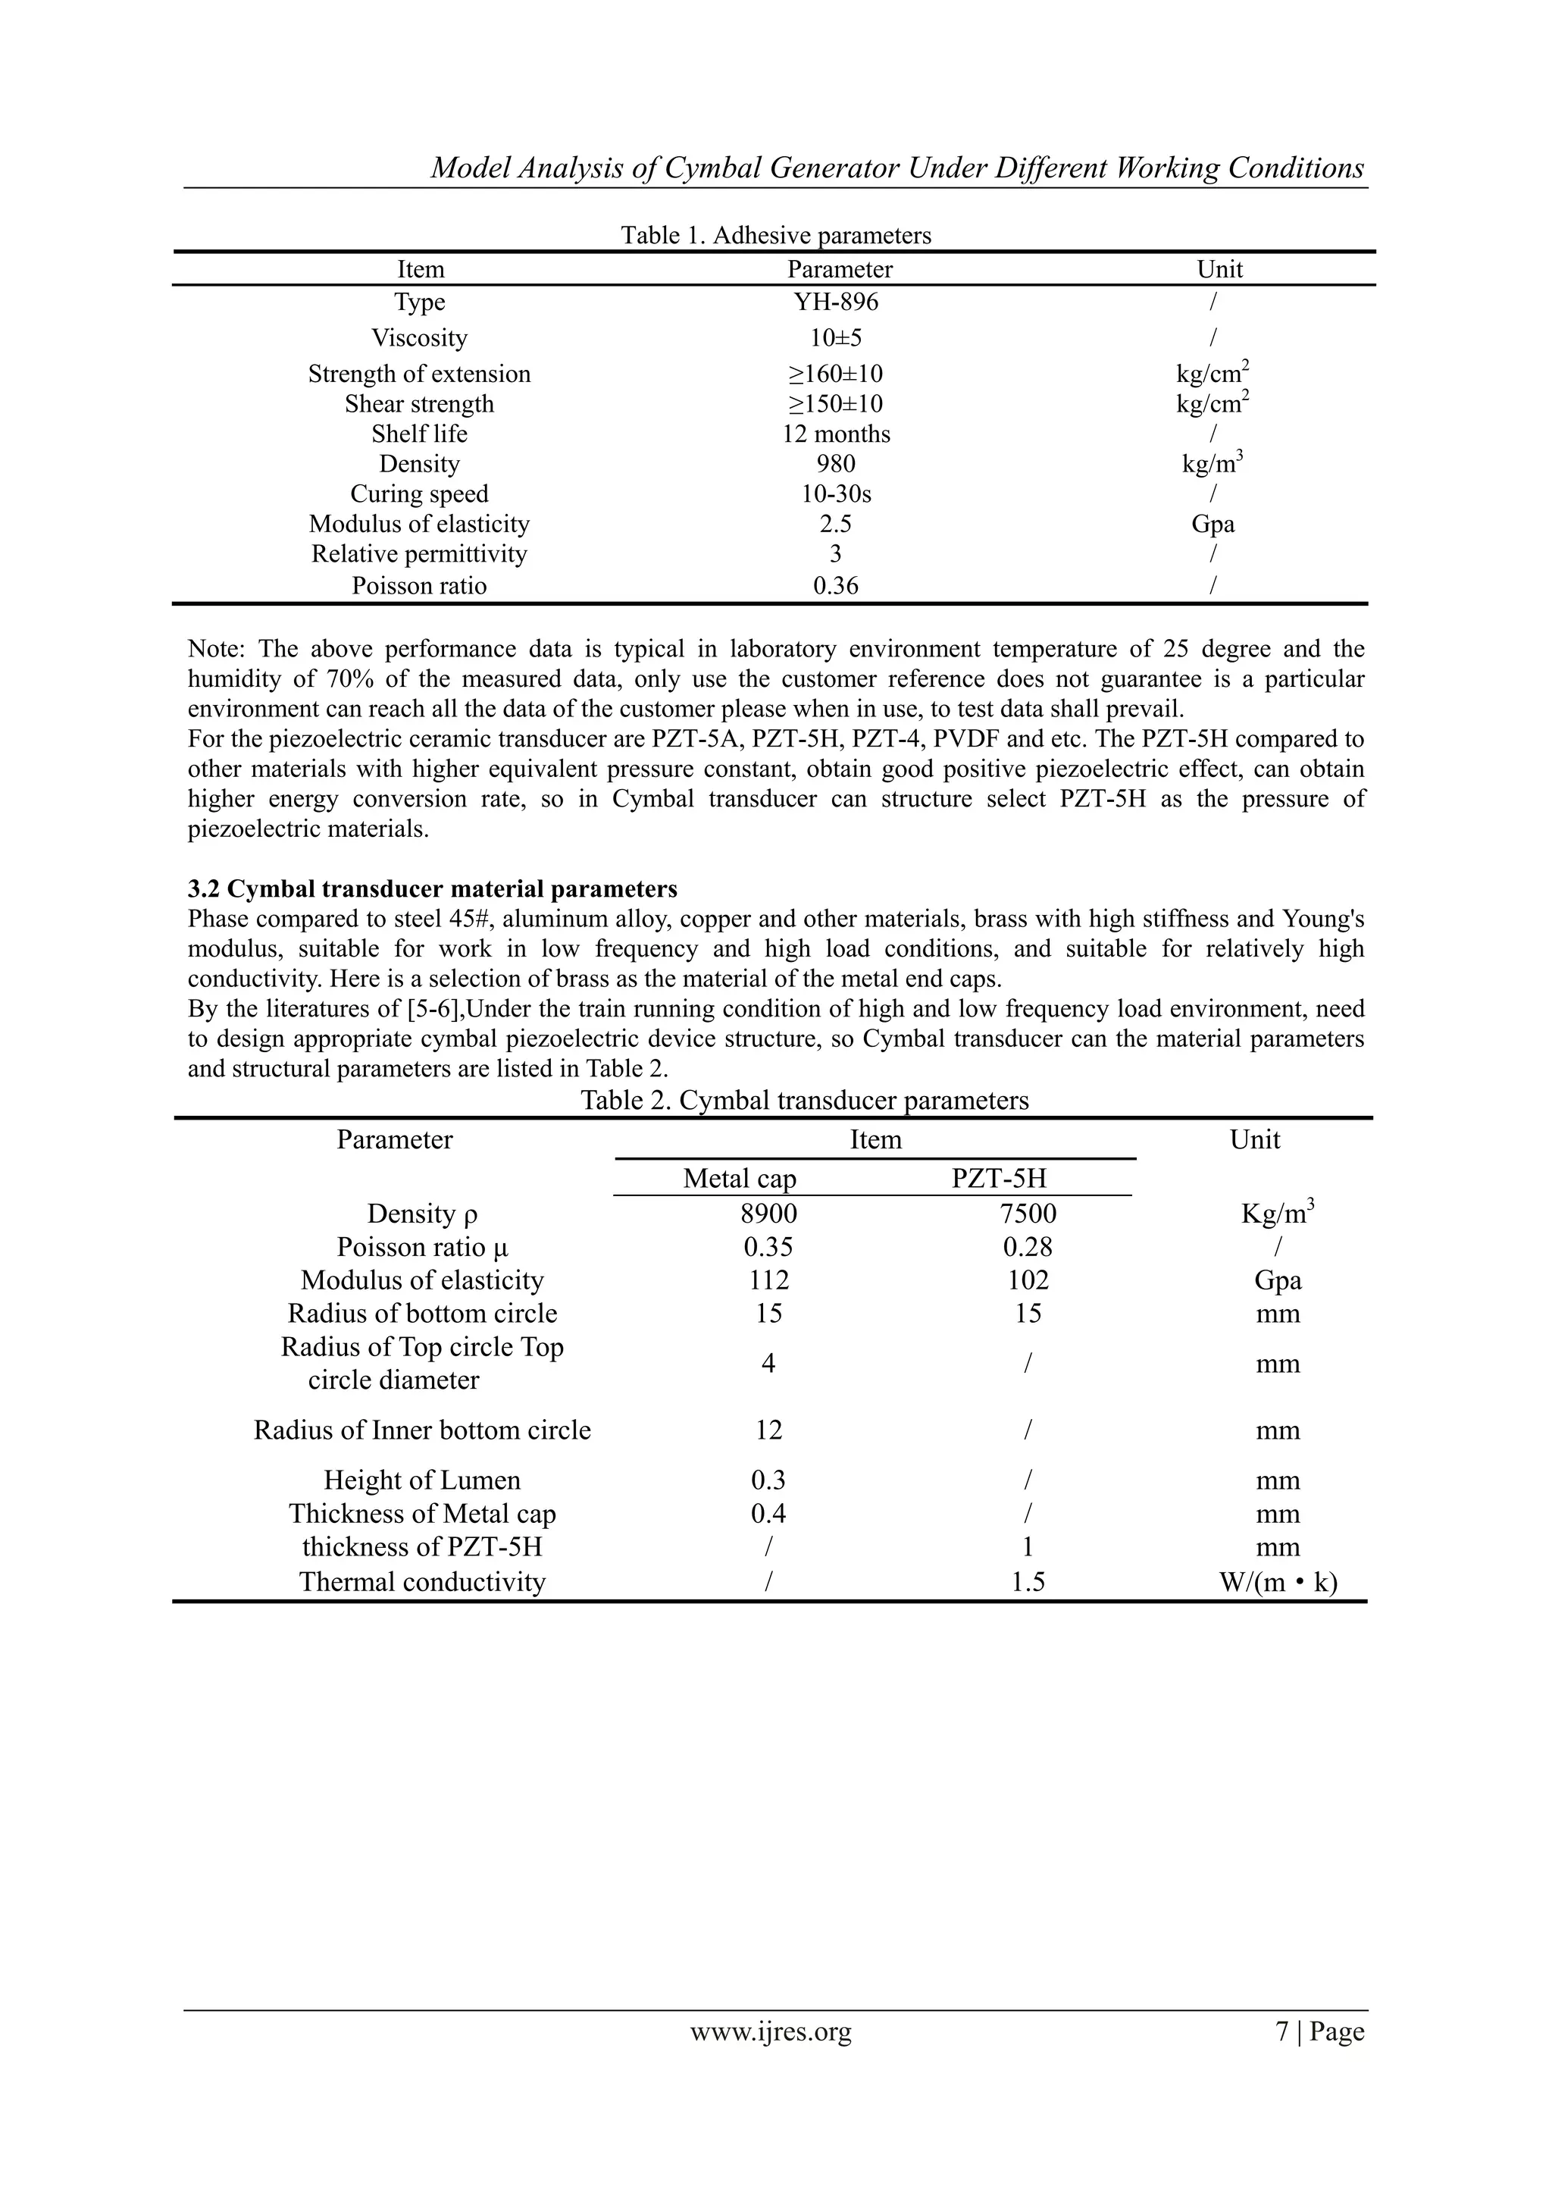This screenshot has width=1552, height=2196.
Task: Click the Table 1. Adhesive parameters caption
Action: point(775,235)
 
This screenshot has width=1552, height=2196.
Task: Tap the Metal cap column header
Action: point(739,1178)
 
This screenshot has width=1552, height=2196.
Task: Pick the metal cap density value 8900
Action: point(768,1214)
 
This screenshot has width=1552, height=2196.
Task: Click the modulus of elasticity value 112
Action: point(768,1280)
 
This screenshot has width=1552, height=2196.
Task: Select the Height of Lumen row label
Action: point(421,1480)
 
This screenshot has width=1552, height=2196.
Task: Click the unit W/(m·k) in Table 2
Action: point(1277,1582)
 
